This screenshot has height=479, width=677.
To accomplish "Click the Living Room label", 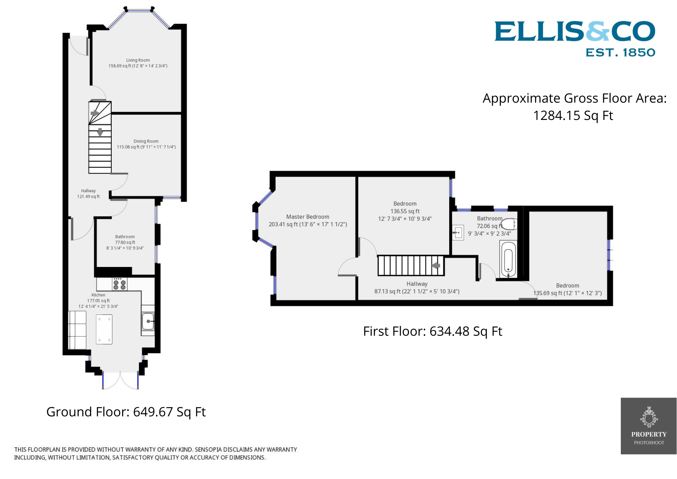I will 138,60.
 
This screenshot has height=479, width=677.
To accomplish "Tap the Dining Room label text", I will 146,141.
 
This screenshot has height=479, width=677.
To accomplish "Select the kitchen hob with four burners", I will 120,284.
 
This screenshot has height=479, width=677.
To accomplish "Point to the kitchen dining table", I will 104,329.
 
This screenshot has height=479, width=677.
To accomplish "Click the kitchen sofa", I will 77,330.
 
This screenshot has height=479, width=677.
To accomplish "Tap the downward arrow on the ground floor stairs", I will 100,132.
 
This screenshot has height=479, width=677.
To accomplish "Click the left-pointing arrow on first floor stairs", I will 436,266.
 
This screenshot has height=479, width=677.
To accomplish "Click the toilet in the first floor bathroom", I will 508,224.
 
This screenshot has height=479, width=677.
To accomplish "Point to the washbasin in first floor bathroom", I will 458,233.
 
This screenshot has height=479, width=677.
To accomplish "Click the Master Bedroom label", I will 307,217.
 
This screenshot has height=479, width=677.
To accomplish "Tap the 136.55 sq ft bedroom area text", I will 405,211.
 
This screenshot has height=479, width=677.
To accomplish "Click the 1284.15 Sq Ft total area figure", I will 573,116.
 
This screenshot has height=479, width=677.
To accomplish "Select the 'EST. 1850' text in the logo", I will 620,53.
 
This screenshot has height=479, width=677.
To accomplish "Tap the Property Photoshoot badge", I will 649,426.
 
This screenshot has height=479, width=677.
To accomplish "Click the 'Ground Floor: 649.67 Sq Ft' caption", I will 126,412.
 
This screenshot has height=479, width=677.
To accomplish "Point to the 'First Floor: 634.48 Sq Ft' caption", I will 432,331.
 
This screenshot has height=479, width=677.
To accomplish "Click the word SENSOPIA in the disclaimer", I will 209,450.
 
